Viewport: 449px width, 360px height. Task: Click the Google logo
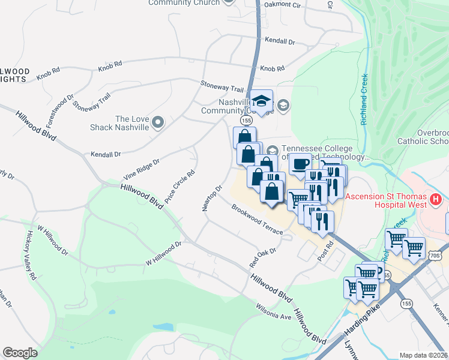point(20,353)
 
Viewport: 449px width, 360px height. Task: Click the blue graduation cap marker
point(261,102)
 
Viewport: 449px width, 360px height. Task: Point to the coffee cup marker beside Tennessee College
point(300,164)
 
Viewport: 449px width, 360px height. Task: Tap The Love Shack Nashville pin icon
point(158,123)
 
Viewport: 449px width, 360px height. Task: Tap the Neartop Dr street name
point(212,197)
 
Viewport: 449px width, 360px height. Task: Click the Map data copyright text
point(423,355)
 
